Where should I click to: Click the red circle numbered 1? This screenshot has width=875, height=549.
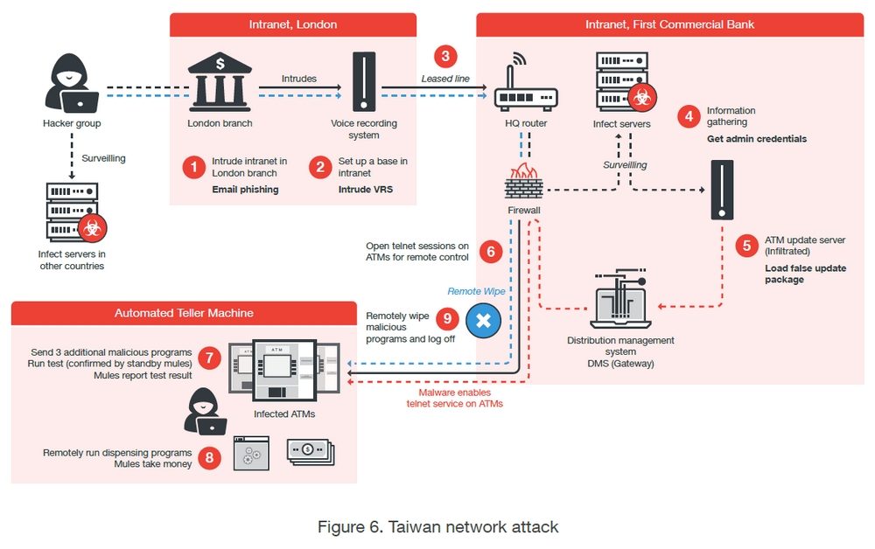coord(193,167)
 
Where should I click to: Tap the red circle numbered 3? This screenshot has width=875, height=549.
coord(445,58)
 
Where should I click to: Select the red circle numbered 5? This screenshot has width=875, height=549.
coord(746,246)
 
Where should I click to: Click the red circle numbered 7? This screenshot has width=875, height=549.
coord(208,358)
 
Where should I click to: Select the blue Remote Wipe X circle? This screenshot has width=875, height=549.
coord(482,321)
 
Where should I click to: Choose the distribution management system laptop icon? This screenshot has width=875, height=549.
coord(620,302)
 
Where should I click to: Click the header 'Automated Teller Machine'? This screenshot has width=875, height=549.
coord(184,313)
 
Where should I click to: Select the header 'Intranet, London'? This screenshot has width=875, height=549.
coord(292,24)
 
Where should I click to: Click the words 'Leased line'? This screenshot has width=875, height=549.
coord(445,79)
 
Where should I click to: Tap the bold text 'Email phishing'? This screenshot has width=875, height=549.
coord(245,190)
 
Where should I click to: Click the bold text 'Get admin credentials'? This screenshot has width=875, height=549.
coord(757,139)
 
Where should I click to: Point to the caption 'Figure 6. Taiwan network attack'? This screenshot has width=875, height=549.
coord(437,526)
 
